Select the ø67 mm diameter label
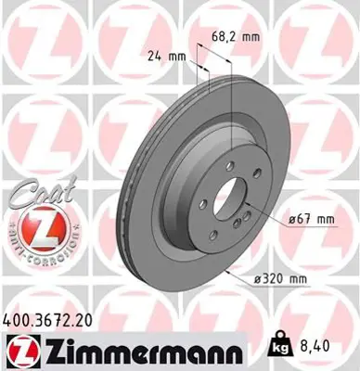click(x=309, y=218)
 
